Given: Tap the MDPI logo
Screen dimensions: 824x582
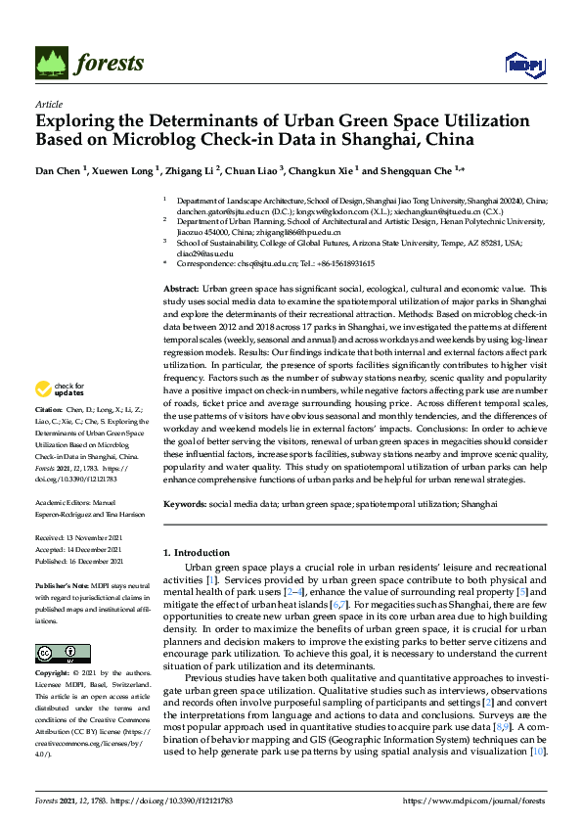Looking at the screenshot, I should (x=523, y=66).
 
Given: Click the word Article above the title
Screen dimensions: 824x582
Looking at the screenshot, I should (x=48, y=103).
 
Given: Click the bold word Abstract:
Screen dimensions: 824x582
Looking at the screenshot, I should (x=181, y=290).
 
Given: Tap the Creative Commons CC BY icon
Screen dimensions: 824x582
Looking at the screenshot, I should (x=56, y=653).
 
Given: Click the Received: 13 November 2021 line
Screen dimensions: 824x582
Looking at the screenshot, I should (x=79, y=538).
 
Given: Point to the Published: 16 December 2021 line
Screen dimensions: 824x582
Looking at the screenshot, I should (x=79, y=562).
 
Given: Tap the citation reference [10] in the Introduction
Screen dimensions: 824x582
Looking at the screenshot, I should (x=536, y=752).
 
